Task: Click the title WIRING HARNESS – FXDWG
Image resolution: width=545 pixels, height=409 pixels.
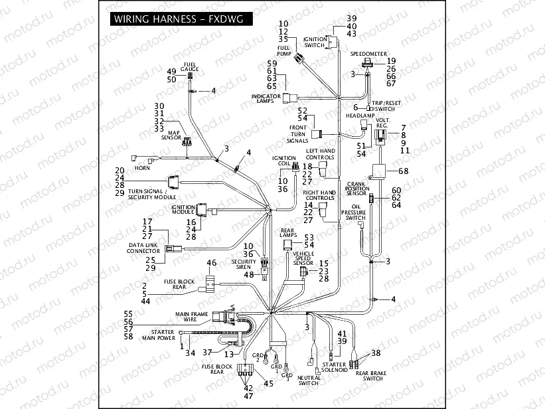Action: [175, 19]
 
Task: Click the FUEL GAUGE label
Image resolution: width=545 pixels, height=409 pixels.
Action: [189, 67]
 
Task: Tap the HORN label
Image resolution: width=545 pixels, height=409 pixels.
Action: [142, 168]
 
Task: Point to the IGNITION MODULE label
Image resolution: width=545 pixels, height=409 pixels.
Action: [183, 209]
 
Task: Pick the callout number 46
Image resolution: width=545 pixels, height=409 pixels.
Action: [212, 263]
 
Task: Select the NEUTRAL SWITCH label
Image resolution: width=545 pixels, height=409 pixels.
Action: [308, 380]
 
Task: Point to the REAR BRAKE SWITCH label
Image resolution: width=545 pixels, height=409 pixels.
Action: [369, 375]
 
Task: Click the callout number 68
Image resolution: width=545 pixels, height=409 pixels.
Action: [404, 171]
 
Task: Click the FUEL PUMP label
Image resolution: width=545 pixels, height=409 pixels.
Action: [283, 51]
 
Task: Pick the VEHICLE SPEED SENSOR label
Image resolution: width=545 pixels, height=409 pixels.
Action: [303, 258]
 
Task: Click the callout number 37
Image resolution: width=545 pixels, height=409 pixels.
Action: [207, 352]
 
